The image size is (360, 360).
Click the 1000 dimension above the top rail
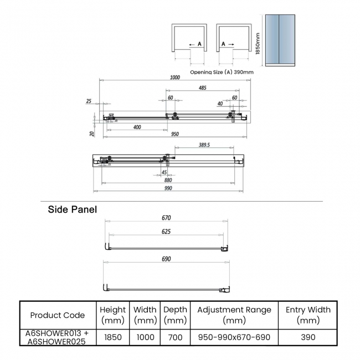tap(175, 78)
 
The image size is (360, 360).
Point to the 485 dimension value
tap(202, 88)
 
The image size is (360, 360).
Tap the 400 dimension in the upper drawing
tap(137, 127)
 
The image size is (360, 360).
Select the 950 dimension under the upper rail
tap(175, 135)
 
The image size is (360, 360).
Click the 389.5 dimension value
tap(204, 145)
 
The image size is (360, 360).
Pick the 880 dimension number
tap(168, 179)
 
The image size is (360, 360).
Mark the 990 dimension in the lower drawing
tap(168, 188)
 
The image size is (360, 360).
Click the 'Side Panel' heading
tap(73, 210)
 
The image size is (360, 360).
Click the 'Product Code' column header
tap(58, 315)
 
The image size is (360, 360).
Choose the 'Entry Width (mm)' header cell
tap(308, 315)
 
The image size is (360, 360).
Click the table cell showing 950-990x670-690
tap(234, 337)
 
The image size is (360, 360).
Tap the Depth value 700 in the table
tap(175, 337)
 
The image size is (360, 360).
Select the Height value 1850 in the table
tap(112, 337)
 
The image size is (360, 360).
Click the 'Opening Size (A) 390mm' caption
tap(222, 72)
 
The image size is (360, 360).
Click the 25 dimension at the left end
tap(89, 101)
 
